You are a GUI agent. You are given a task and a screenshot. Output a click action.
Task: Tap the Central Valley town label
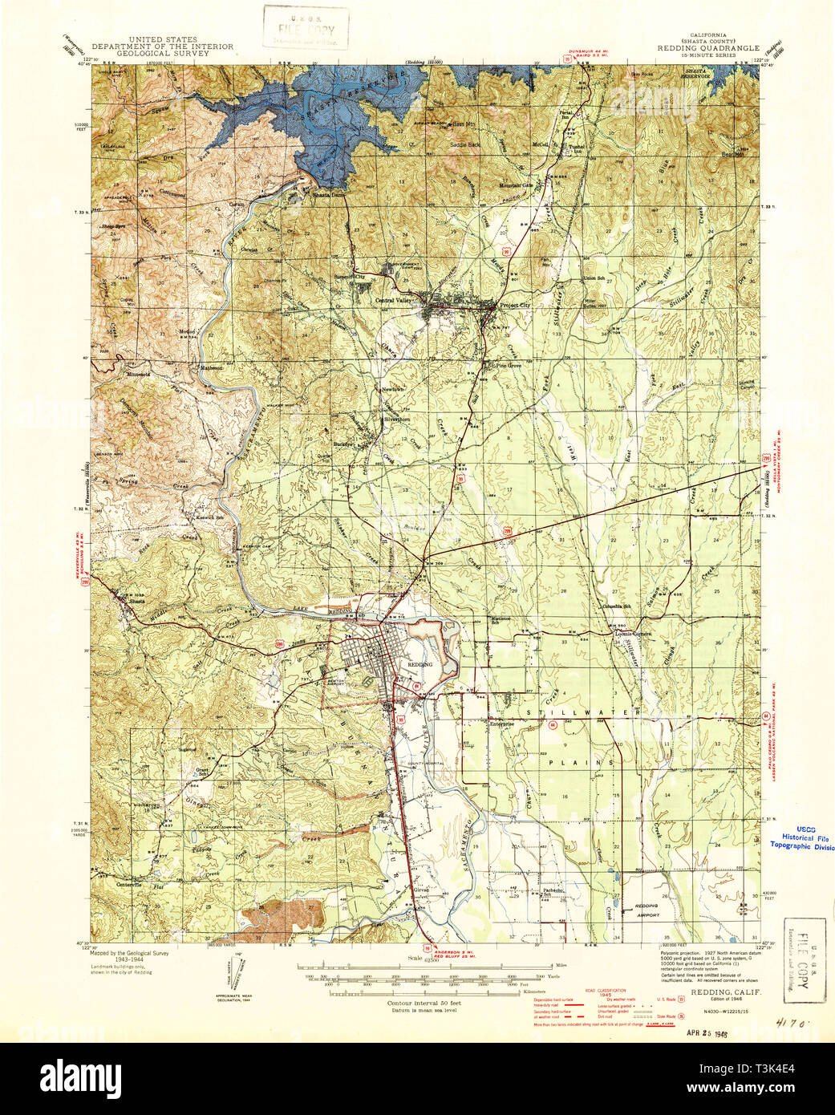click(x=393, y=300)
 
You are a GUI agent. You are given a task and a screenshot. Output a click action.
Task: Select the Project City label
click(x=515, y=306)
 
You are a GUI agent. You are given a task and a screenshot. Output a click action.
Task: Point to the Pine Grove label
click(x=509, y=365)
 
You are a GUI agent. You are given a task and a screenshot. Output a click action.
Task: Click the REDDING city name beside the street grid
click(x=420, y=665)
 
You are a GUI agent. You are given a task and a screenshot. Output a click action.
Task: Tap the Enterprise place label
click(x=501, y=723)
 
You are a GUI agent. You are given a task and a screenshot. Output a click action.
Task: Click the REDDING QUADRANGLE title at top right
click(x=707, y=48)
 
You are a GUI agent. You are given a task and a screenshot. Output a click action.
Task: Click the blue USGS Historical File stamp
click(x=801, y=839)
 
